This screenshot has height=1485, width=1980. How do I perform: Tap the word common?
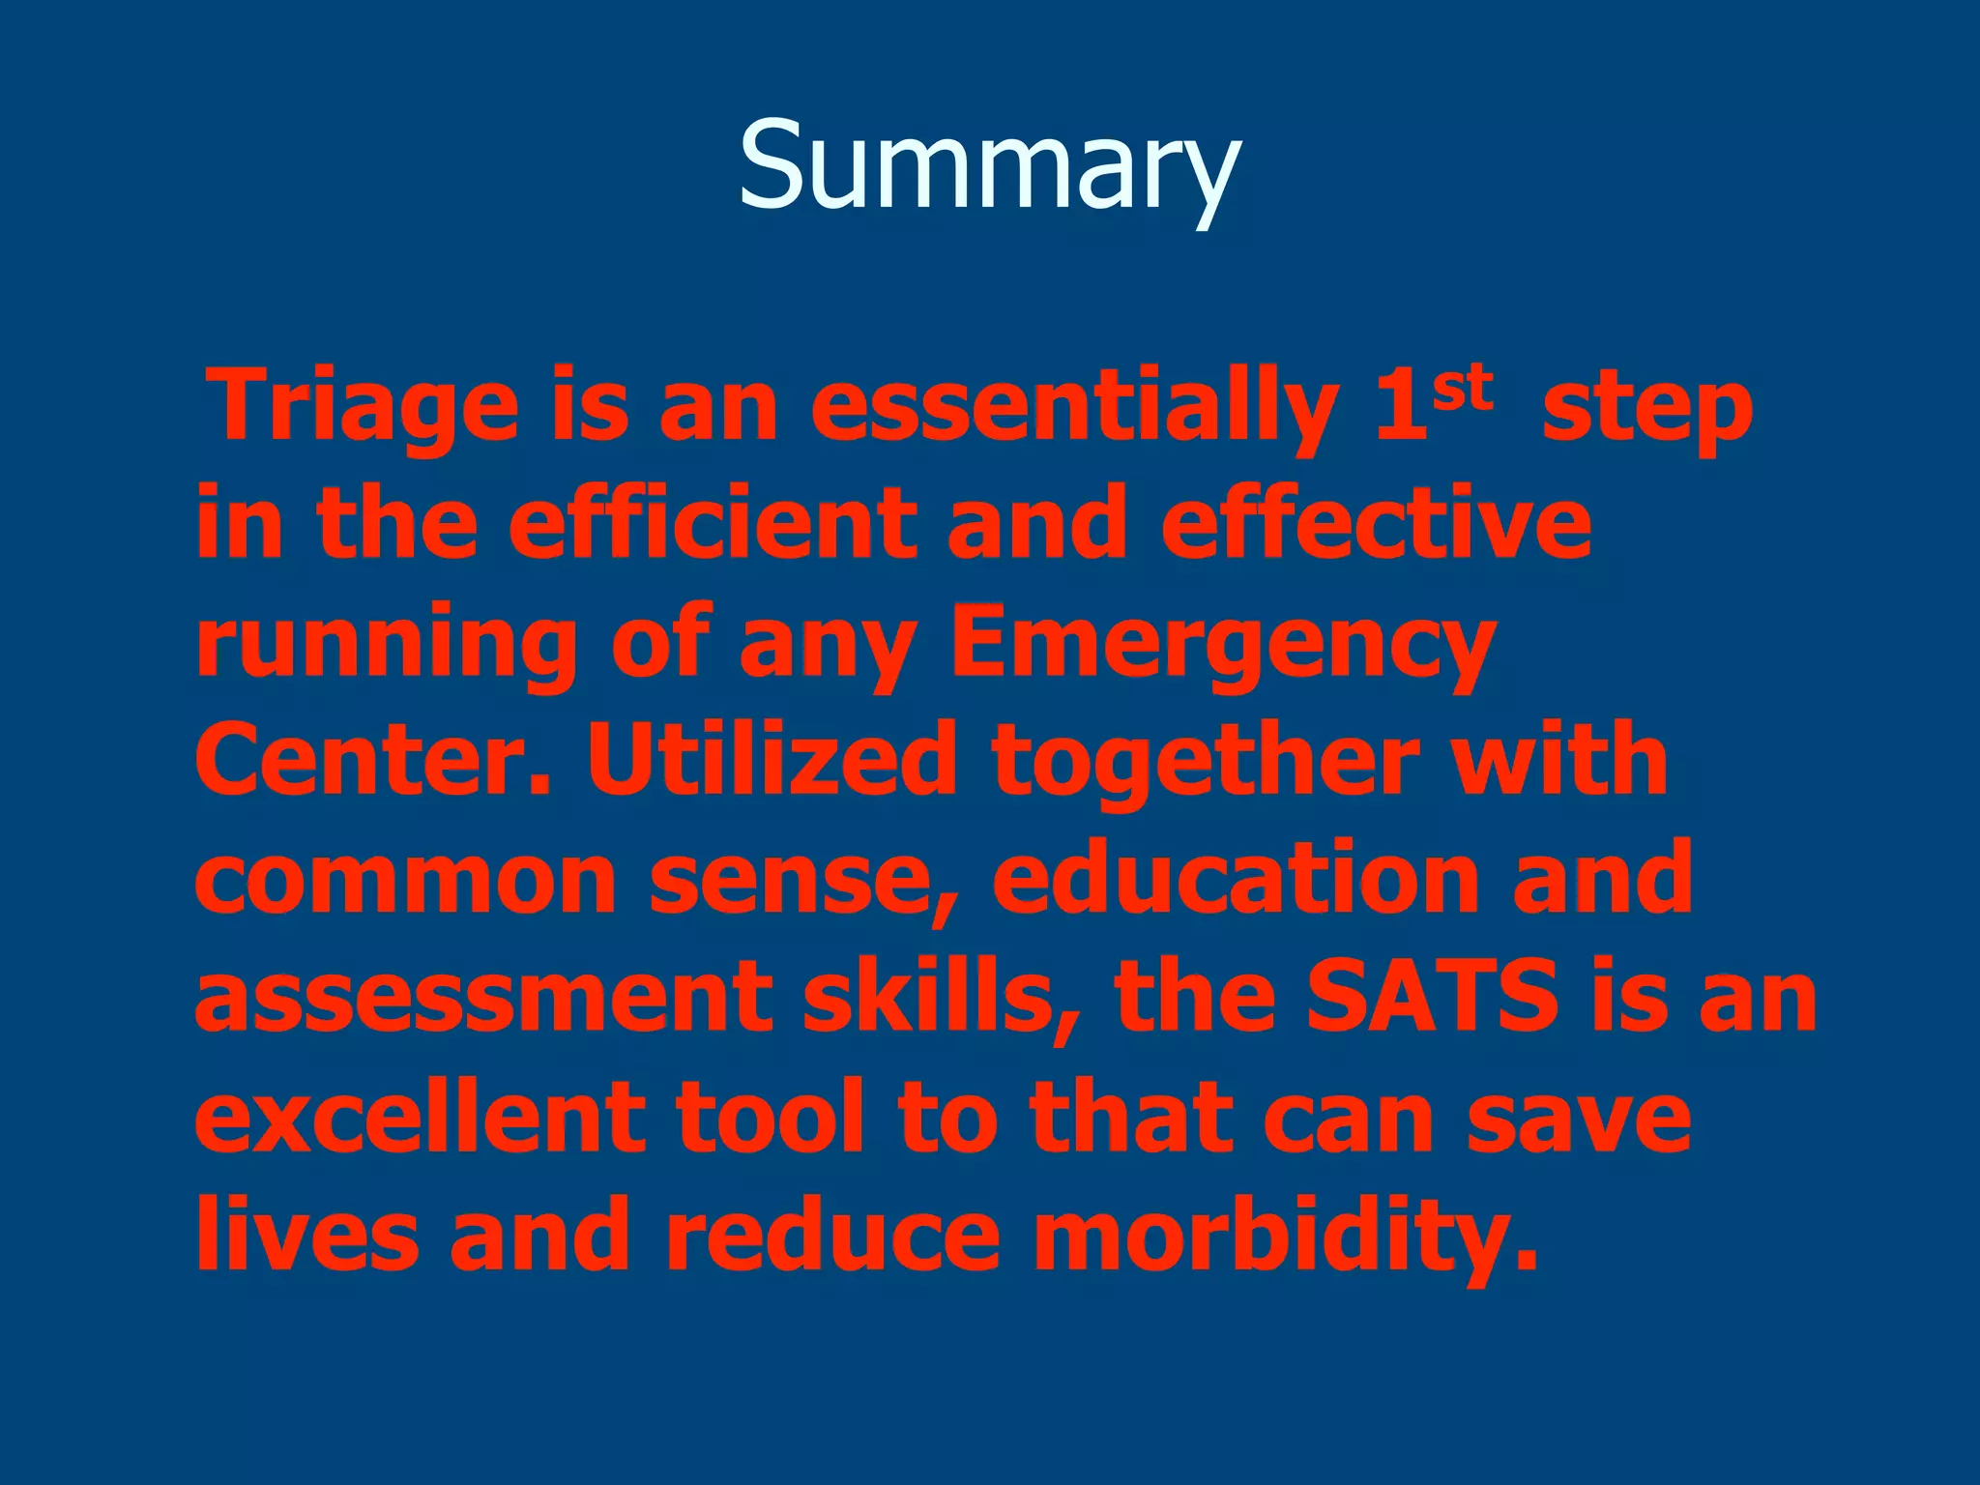(x=405, y=880)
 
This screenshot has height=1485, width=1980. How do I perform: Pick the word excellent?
(x=420, y=1117)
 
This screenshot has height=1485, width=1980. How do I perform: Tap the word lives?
(x=306, y=1235)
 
